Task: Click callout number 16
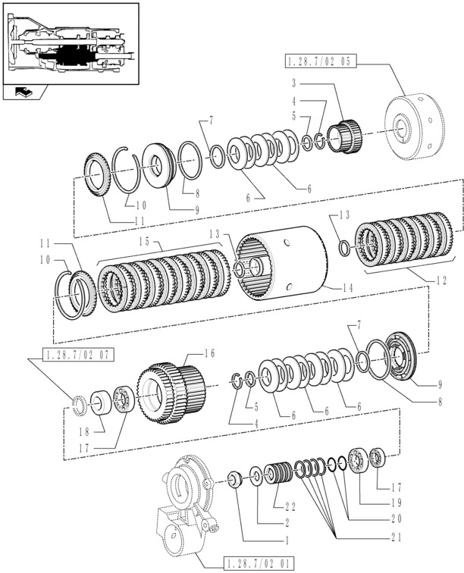point(211,353)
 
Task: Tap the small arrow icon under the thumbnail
point(23,92)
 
